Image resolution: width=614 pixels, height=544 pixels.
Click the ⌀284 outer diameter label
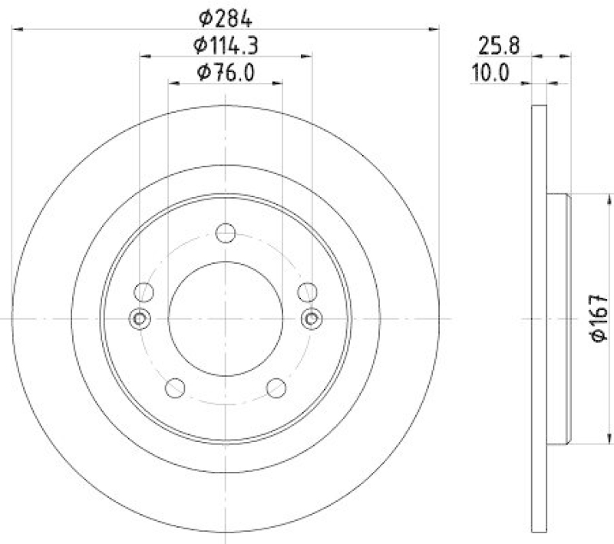pyautogui.click(x=226, y=18)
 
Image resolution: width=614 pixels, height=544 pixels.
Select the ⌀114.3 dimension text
pyautogui.click(x=226, y=45)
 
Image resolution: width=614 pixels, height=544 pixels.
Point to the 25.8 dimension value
pyautogui.click(x=500, y=46)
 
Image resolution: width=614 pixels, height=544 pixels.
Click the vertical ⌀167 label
pyautogui.click(x=599, y=318)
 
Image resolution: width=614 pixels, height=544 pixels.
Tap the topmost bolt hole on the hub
pyautogui.click(x=226, y=232)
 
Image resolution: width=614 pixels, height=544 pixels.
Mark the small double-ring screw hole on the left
pyautogui.click(x=139, y=318)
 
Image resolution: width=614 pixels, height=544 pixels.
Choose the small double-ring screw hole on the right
pyautogui.click(x=312, y=318)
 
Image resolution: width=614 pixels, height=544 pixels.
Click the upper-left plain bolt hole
pyautogui.click(x=144, y=292)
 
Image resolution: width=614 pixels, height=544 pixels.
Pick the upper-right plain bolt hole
pyautogui.click(x=307, y=292)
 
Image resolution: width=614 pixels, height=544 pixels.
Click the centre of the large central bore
pyautogui.click(x=226, y=318)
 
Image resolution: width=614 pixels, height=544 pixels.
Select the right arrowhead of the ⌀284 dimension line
pyautogui.click(x=435, y=29)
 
